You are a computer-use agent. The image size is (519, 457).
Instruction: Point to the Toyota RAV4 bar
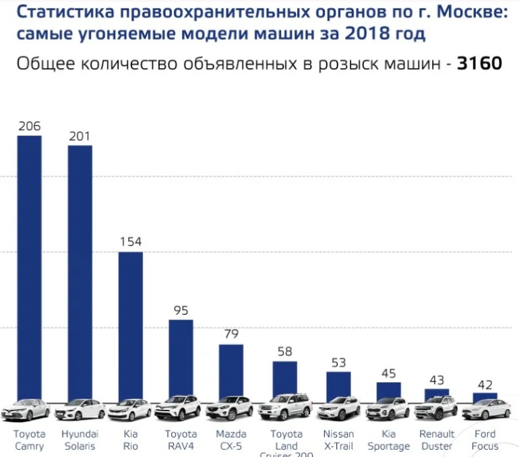181,357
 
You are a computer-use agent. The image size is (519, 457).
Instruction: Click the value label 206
29,126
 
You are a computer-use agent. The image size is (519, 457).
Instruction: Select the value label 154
131,242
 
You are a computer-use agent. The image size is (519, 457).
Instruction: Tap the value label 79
231,334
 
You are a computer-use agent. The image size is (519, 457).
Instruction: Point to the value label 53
338,363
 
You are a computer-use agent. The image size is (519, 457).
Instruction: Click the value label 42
485,384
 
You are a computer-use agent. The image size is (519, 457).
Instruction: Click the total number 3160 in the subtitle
479,64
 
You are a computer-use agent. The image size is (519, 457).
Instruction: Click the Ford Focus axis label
485,440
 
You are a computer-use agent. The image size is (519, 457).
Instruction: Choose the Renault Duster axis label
437,440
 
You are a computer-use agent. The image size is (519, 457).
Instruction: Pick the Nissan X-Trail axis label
338,440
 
